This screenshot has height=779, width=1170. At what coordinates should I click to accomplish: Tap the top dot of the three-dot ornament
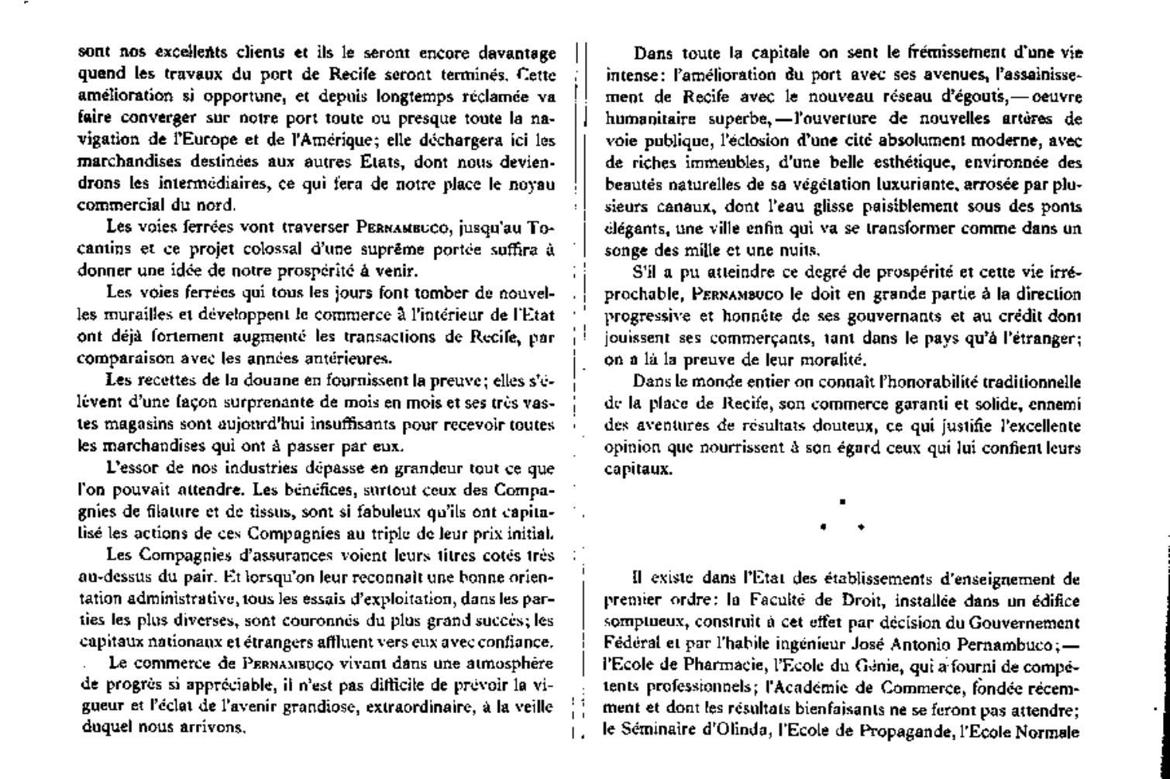click(841, 502)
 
